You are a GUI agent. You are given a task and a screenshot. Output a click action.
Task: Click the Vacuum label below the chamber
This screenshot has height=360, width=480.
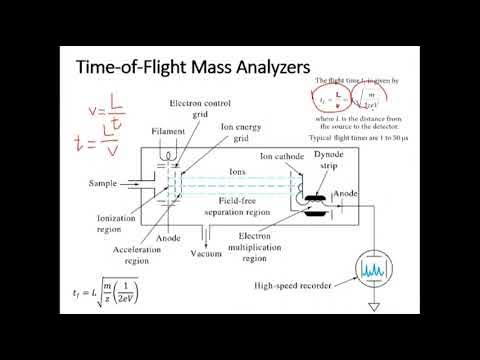207,253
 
